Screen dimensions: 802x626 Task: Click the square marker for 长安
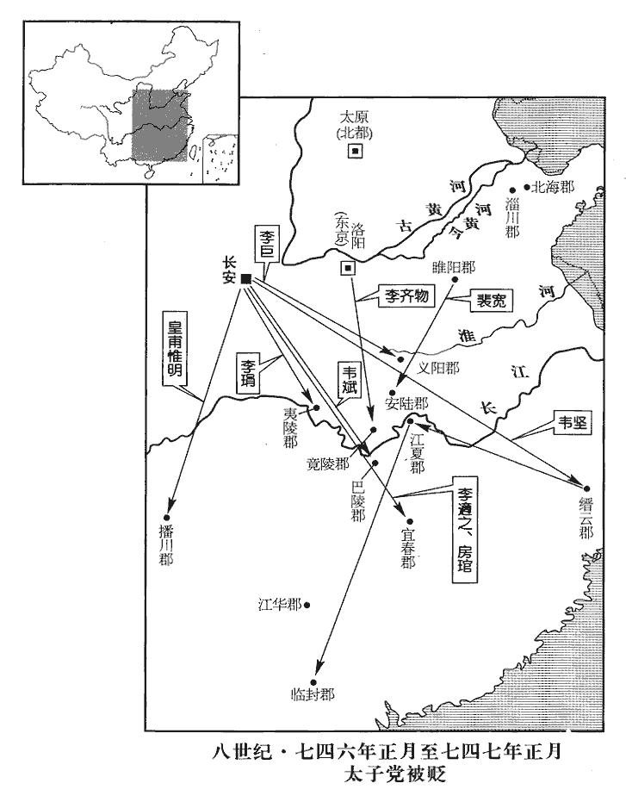246,278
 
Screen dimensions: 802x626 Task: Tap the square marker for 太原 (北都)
354,152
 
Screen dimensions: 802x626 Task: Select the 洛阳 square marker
348,268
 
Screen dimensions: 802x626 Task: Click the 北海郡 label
552,186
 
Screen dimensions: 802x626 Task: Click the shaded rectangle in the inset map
159,122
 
